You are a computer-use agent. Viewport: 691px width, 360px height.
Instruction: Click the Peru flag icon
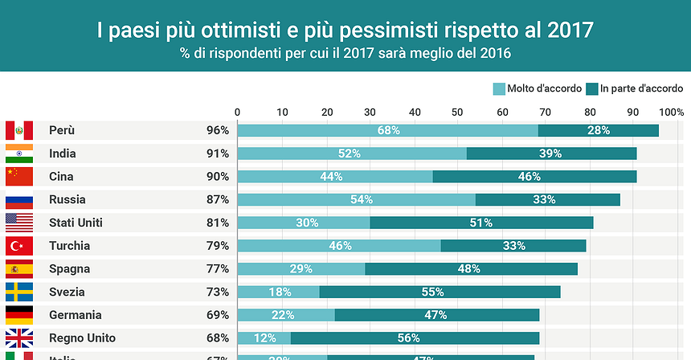coord(18,130)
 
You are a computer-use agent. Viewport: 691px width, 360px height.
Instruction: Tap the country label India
coord(63,153)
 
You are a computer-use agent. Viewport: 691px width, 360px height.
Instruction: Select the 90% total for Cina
coord(217,177)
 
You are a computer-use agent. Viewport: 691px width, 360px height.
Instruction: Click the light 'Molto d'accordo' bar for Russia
coord(356,199)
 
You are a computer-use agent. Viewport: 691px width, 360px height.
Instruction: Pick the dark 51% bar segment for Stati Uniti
coord(481,223)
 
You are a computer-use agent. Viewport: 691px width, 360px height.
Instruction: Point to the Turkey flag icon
coord(18,246)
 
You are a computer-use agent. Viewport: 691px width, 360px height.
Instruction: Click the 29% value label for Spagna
coord(301,269)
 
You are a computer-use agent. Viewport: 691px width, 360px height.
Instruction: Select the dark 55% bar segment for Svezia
coord(440,292)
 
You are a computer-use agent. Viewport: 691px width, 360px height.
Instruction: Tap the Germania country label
coord(75,315)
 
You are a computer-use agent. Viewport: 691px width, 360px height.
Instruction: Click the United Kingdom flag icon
coord(18,338)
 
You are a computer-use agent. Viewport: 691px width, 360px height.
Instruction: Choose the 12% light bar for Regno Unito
coord(264,338)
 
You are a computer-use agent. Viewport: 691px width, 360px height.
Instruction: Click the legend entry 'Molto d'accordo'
coord(538,88)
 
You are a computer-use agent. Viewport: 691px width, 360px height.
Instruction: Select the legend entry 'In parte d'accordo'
coord(634,88)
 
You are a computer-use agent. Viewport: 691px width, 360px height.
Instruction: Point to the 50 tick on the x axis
coord(457,111)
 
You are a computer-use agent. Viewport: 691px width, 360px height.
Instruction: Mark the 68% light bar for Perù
coord(387,130)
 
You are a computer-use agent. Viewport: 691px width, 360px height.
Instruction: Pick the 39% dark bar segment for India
coord(551,153)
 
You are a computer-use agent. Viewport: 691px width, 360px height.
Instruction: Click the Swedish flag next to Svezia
coord(18,292)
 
